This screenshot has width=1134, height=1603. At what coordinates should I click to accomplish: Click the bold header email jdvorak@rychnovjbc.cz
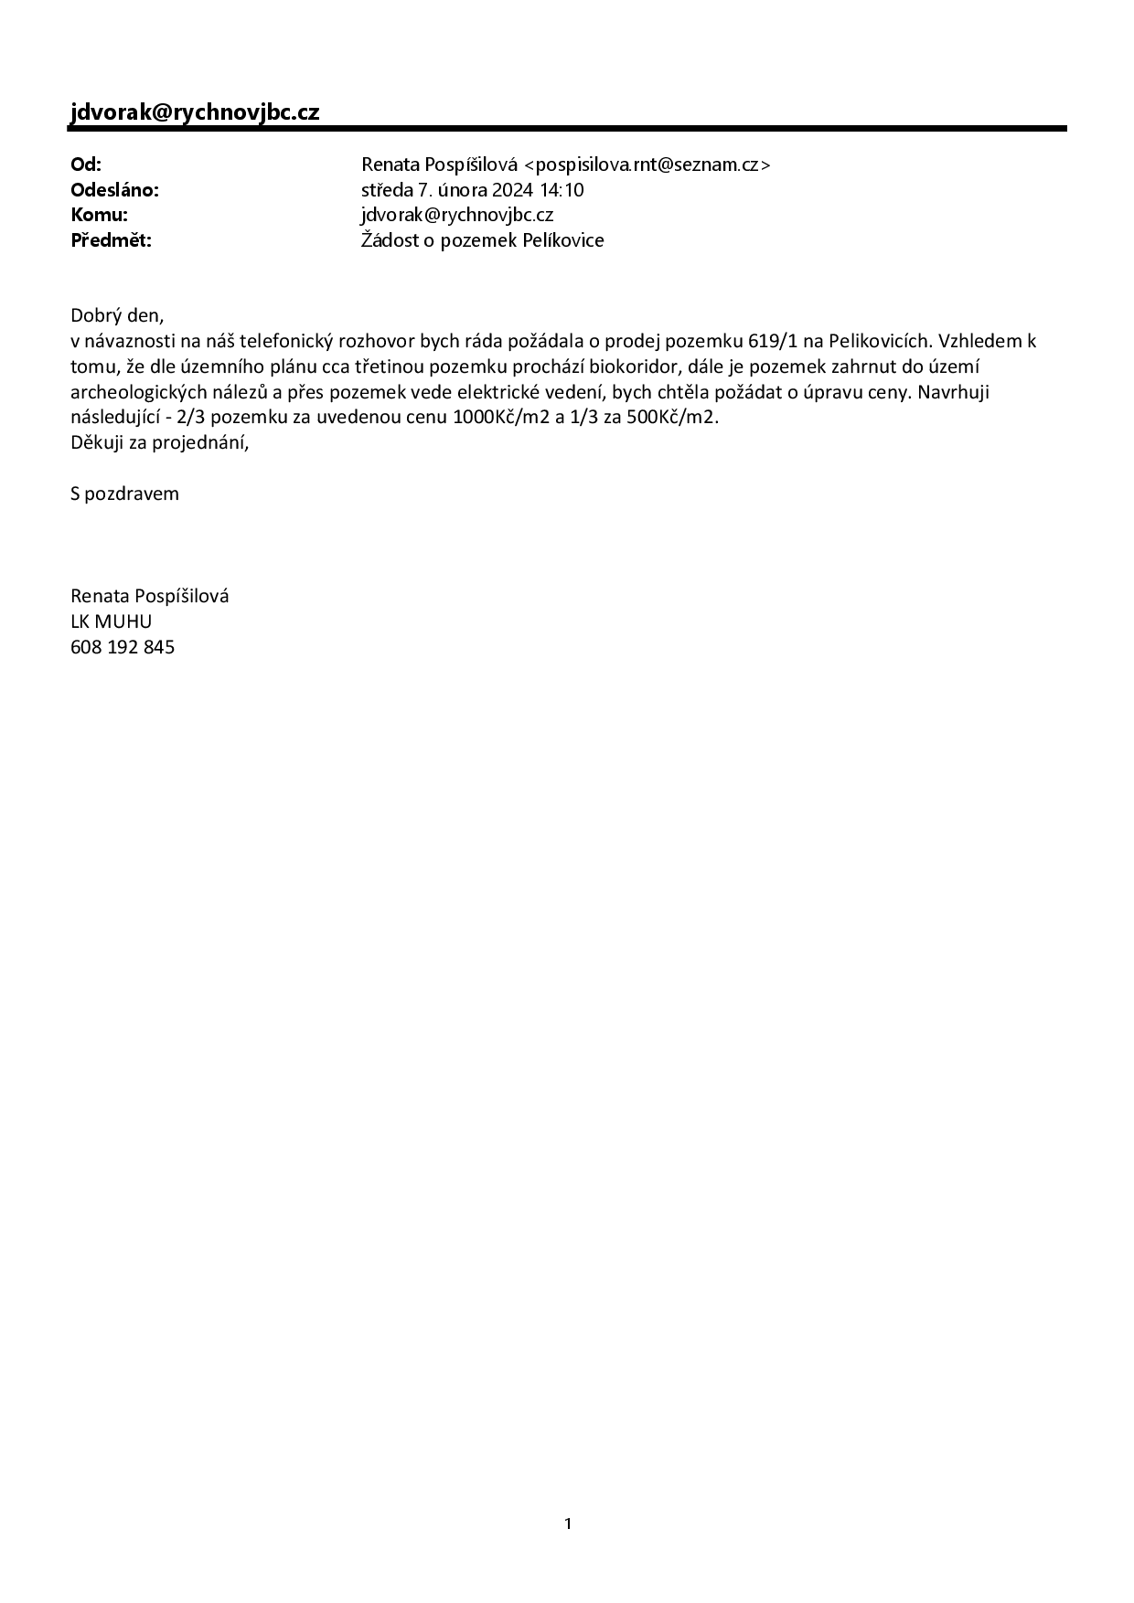pos(195,112)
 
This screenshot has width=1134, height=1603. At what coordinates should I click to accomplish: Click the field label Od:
pos(86,165)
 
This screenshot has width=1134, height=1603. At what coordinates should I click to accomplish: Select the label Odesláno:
pos(114,190)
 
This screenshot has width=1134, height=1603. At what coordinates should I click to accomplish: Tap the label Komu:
pos(99,215)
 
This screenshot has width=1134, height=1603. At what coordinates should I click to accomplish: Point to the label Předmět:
pos(111,240)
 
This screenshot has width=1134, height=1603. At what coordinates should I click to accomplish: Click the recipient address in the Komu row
pos(457,215)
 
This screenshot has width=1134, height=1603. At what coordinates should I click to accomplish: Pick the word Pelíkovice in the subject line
pos(562,240)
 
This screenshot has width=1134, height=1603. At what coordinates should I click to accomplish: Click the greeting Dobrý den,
pos(117,316)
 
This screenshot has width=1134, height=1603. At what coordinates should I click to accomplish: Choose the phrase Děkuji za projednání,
pos(160,442)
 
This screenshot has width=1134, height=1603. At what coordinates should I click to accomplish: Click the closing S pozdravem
pos(124,494)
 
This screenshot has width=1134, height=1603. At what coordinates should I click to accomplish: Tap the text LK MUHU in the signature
pos(111,621)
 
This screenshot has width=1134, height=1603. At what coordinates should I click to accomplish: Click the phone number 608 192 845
pos(123,647)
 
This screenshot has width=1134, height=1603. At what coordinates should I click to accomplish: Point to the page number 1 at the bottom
pos(568,1523)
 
